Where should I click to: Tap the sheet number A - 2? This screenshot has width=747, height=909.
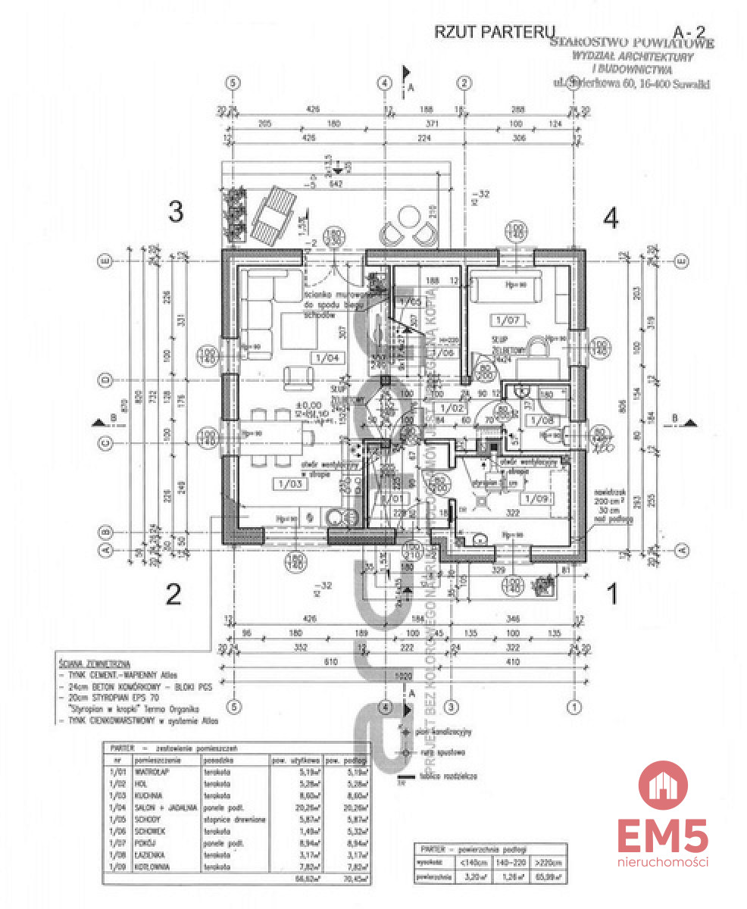click(690, 32)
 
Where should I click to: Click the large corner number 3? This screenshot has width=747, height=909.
click(176, 213)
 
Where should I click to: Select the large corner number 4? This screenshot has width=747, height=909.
click(611, 218)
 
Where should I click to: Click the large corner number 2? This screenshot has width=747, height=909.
click(173, 595)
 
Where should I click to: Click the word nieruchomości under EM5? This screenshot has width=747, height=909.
click(663, 862)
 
